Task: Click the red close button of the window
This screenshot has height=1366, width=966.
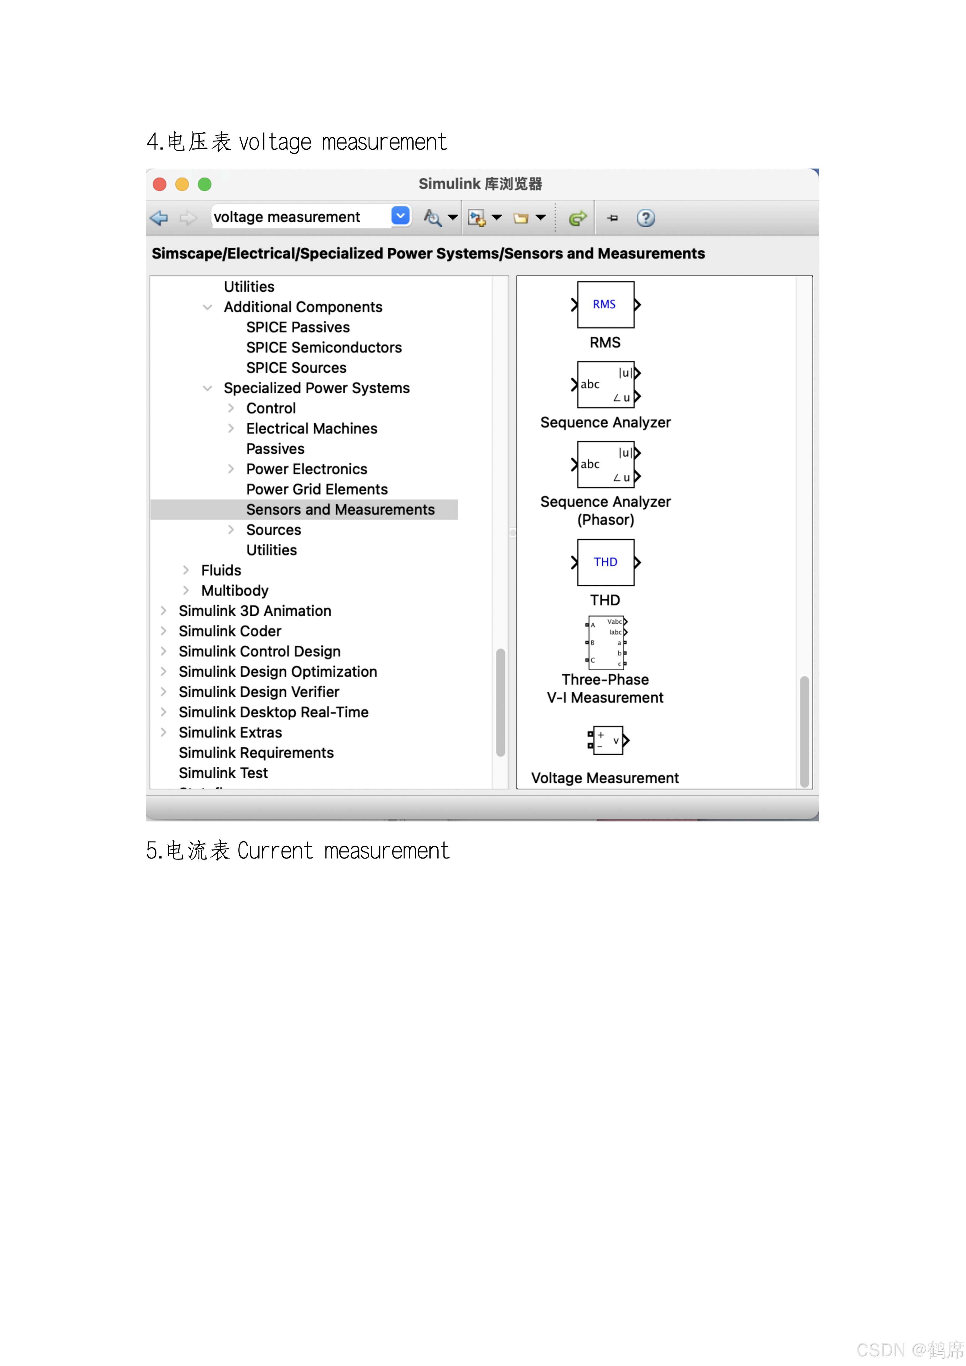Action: tap(159, 184)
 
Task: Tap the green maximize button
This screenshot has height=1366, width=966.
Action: tap(205, 184)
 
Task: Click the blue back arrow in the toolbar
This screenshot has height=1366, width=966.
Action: tap(159, 218)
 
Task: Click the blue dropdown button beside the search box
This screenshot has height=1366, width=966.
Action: tap(401, 216)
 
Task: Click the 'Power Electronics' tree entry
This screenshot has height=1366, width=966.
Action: tap(306, 469)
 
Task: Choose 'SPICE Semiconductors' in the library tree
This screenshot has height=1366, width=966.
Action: tap(324, 347)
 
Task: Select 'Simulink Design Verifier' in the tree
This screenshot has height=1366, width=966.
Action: tap(259, 692)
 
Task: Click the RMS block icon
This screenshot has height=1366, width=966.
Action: tap(605, 305)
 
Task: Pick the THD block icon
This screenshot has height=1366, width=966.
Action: tap(605, 562)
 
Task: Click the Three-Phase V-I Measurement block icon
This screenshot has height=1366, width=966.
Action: tap(606, 643)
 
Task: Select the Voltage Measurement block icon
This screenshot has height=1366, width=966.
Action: tap(607, 741)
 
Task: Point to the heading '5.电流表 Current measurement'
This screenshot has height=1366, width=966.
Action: tap(298, 851)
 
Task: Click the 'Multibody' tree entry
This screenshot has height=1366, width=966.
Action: tap(235, 591)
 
